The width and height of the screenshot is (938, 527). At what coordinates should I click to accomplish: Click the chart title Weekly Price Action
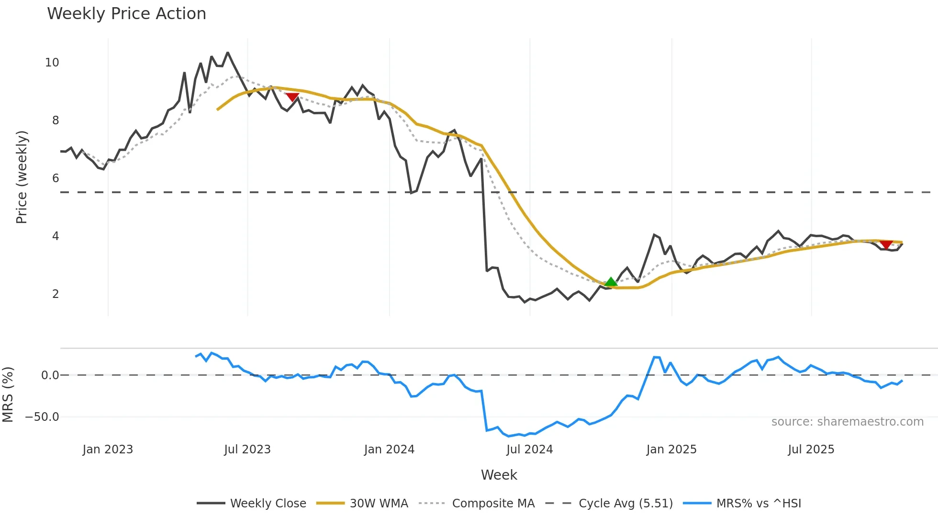(126, 14)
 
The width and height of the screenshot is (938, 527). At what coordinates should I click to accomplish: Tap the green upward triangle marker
(611, 282)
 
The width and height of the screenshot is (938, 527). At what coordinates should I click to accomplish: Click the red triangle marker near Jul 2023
(292, 97)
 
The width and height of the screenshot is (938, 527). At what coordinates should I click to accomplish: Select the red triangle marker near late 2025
(886, 244)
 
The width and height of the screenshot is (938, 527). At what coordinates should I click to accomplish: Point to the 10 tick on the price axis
(52, 63)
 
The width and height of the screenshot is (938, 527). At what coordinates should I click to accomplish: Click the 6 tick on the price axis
(56, 178)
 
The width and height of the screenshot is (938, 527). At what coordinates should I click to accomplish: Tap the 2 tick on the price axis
(56, 294)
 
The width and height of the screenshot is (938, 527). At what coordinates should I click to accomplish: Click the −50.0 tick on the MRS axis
(42, 417)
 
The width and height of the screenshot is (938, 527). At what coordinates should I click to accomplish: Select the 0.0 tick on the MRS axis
(50, 375)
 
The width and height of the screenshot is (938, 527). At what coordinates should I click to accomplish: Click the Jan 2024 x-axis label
(389, 450)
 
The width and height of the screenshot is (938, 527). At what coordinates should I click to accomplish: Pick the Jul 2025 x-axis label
(811, 450)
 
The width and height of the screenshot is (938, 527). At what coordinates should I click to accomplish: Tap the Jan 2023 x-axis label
(108, 450)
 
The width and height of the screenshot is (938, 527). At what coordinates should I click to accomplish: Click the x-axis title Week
(499, 475)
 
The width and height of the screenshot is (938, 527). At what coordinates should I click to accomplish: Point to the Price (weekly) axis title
(22, 177)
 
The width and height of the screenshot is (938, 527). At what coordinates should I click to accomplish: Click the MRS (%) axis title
(8, 395)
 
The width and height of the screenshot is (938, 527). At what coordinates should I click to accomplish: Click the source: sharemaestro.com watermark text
(847, 422)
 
